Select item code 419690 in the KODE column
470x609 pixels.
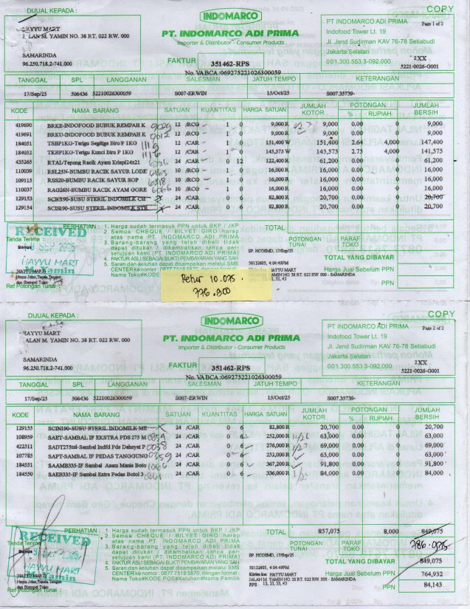tap(22, 124)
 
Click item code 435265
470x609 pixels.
tap(22, 159)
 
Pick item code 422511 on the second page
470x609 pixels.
tap(22, 447)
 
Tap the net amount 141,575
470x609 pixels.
tap(435, 151)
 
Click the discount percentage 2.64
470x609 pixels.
tap(355, 142)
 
